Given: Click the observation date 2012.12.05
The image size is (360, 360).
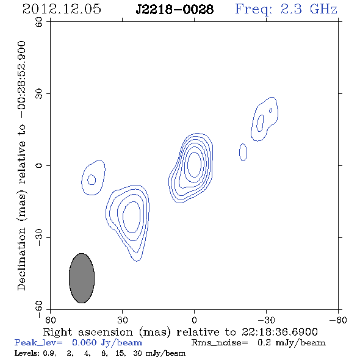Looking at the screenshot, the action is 62,9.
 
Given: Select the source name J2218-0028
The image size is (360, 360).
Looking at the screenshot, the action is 175,10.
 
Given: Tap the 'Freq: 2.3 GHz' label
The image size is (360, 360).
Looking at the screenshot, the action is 286,10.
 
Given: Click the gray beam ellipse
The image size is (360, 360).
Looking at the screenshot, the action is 82,278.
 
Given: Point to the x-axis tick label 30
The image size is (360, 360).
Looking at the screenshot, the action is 122,320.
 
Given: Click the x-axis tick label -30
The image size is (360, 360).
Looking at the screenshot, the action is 266,320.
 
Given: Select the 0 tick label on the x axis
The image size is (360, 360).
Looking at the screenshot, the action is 194,320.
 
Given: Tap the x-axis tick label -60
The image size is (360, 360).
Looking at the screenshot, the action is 338,320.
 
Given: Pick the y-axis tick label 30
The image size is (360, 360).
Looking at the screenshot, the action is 39,94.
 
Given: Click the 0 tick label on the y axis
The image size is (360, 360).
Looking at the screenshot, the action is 39,165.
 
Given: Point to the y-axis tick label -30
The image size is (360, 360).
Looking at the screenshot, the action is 39,237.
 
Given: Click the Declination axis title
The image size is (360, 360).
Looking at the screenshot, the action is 21,165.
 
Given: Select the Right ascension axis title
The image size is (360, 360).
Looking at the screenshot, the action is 181,332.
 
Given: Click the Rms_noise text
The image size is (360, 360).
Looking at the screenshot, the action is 220,343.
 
